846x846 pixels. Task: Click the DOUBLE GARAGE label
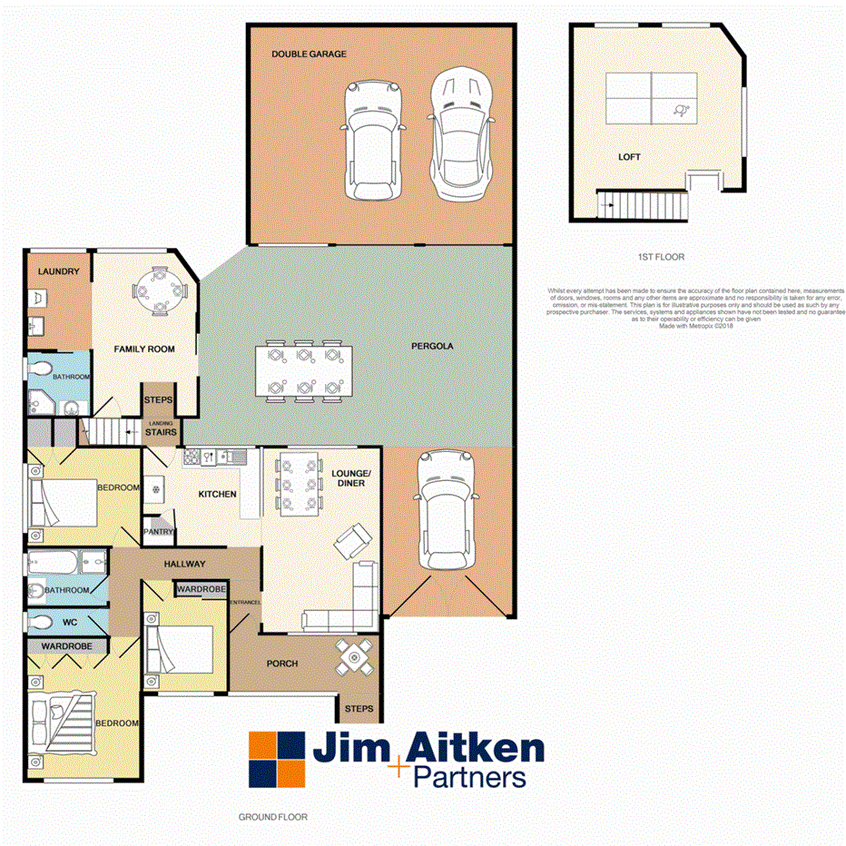[x=309, y=54]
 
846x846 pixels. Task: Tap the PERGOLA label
[x=431, y=346]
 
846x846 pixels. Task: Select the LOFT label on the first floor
[x=629, y=157]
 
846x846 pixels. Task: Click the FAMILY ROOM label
[x=143, y=349]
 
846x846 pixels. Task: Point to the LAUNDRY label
[x=58, y=271]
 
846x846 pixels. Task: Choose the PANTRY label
[x=153, y=532]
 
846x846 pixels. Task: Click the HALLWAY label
[x=184, y=564]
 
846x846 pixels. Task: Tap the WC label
[x=70, y=624]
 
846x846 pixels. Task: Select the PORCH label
[x=282, y=664]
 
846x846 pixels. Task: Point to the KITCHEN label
[x=218, y=494]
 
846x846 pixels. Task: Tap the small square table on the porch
[x=354, y=656]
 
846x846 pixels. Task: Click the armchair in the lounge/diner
[x=353, y=543]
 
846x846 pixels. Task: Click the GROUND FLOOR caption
[x=272, y=817]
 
